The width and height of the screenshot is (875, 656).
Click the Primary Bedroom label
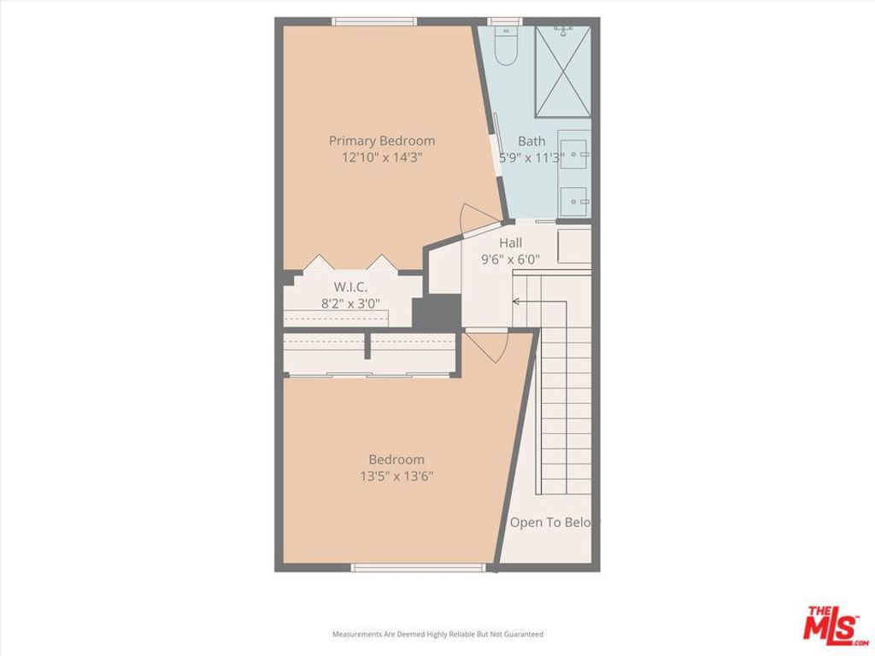[382, 141]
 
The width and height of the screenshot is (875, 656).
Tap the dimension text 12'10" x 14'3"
[382, 157]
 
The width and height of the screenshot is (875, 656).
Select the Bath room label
[531, 141]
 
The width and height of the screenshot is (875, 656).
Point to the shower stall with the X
[563, 72]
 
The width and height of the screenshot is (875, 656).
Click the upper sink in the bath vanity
[574, 154]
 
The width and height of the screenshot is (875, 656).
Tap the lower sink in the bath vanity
[574, 202]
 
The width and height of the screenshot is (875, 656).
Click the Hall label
[511, 243]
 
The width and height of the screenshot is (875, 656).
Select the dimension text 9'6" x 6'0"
[511, 259]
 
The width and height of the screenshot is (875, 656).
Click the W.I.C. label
[351, 287]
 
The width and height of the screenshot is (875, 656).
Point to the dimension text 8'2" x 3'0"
[351, 302]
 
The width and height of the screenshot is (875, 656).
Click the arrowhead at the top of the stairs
[516, 301]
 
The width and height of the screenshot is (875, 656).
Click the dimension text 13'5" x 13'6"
[396, 477]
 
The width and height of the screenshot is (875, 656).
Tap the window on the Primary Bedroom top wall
[375, 21]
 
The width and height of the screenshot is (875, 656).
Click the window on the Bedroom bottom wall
[419, 567]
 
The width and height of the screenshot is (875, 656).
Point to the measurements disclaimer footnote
[437, 635]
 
